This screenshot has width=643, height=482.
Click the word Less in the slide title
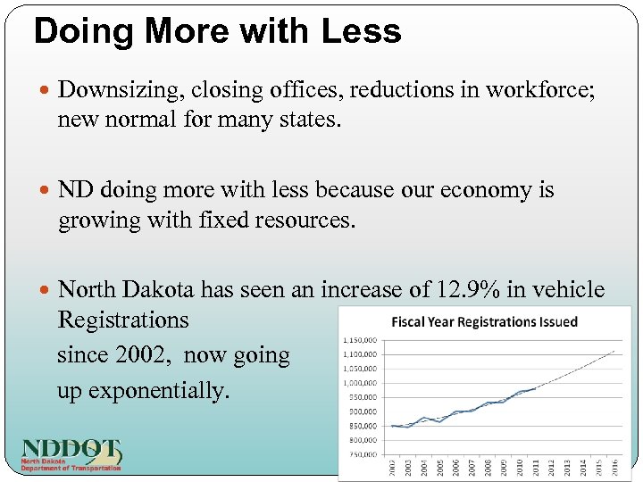362,31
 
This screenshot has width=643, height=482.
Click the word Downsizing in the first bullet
109,89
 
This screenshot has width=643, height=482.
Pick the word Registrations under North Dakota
123,320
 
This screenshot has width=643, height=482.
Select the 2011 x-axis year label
535,468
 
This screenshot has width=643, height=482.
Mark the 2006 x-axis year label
455,468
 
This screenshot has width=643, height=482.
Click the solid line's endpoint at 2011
534,388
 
